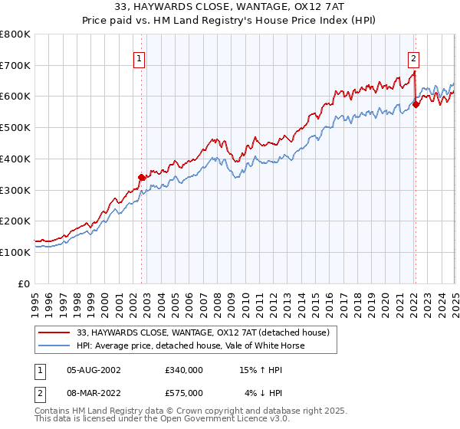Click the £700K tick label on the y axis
(15, 66)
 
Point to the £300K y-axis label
(15, 190)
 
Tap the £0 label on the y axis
(25, 283)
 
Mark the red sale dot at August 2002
(141, 177)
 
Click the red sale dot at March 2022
(416, 104)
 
